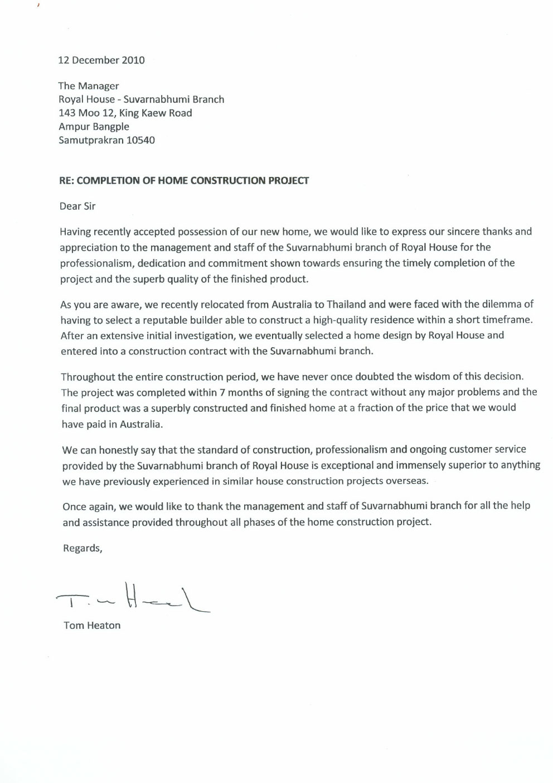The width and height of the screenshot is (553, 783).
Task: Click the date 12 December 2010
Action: [x=101, y=60]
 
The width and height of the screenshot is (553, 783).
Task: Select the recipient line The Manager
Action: [x=89, y=86]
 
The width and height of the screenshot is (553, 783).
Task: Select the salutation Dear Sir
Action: [x=77, y=206]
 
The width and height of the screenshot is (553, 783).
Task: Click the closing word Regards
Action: [x=83, y=548]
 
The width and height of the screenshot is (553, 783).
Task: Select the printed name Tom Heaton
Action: [x=92, y=626]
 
